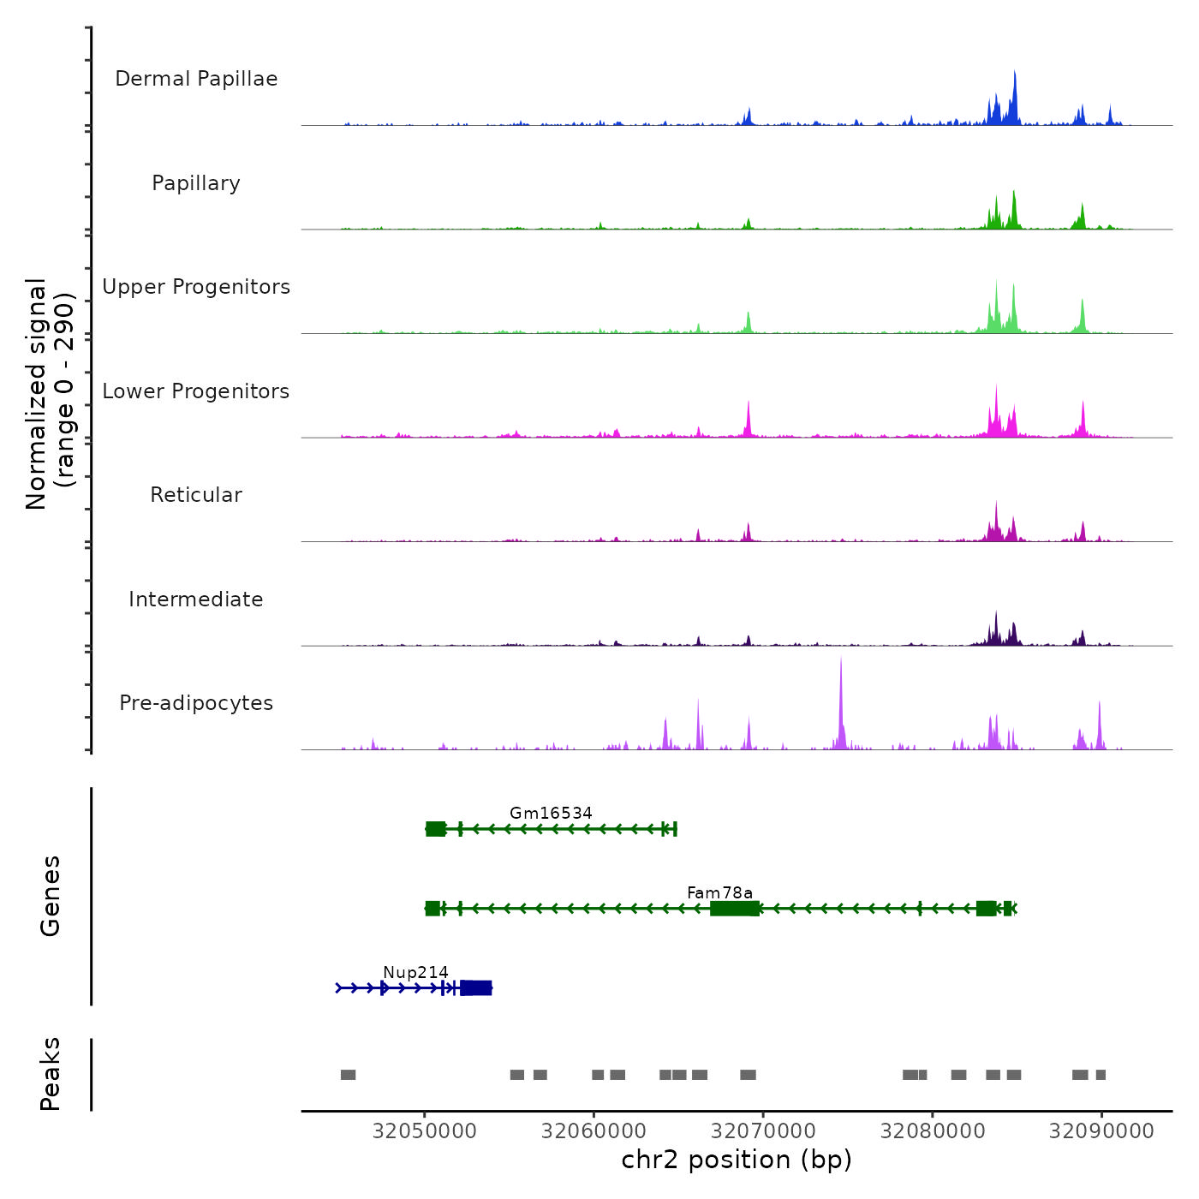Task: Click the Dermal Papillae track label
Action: [196, 79]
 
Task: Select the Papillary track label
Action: [196, 183]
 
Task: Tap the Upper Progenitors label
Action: [196, 287]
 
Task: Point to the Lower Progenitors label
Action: [196, 391]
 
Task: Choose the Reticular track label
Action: [196, 495]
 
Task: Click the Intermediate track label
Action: [196, 599]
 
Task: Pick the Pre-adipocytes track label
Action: [196, 703]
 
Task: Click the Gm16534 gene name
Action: [551, 813]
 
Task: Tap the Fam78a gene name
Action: [719, 892]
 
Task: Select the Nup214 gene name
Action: [415, 972]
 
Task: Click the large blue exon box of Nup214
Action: [476, 988]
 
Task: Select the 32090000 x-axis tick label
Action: [1101, 1130]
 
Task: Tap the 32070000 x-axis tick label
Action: [763, 1130]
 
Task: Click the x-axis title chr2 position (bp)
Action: [737, 1160]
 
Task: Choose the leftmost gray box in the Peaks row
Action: [348, 1075]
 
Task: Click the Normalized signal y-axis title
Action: [50, 394]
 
